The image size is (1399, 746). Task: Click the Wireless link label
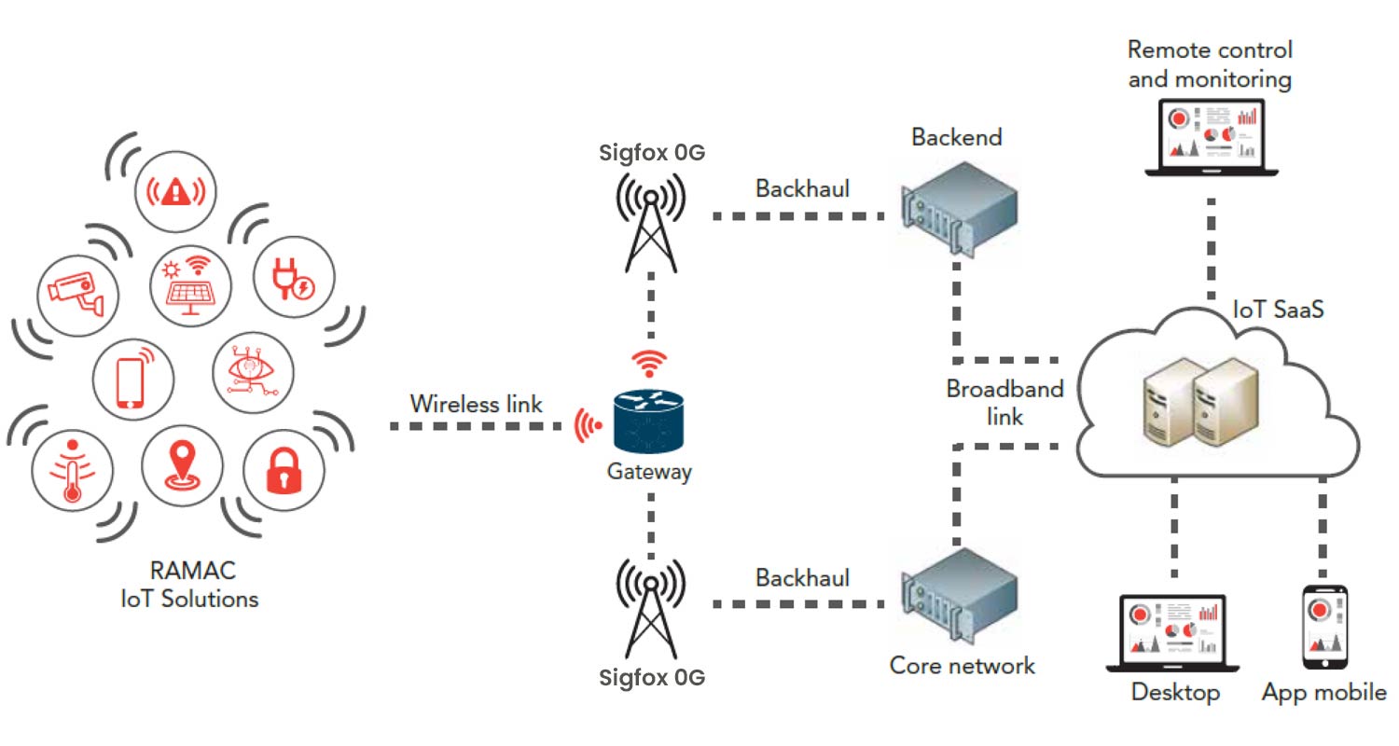[476, 405]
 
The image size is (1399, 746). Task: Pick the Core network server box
[959, 597]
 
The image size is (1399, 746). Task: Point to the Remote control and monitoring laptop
[1211, 135]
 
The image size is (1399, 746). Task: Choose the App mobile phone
[1323, 626]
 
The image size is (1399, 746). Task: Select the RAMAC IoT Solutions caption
[189, 584]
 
